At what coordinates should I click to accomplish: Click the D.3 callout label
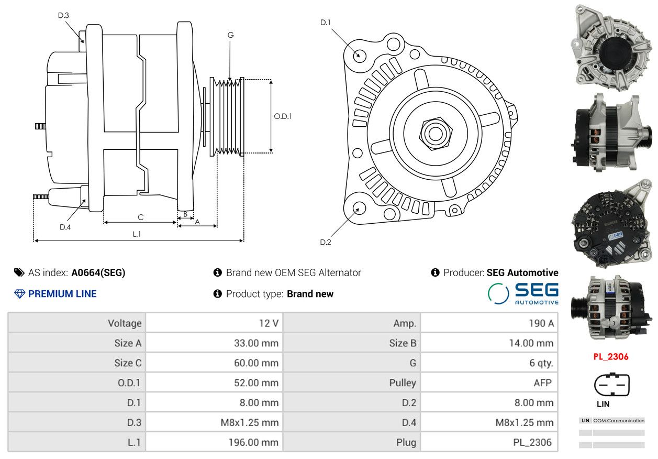click(63, 15)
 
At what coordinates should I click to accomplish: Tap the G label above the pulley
click(231, 35)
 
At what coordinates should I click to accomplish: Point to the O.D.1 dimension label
click(283, 116)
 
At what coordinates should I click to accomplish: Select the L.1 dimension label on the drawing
click(137, 234)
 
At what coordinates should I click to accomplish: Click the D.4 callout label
click(65, 227)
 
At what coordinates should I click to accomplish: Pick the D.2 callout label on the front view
click(326, 242)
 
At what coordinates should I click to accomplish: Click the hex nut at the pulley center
click(436, 134)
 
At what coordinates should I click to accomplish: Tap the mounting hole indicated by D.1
click(359, 56)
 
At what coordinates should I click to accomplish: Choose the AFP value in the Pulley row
click(542, 382)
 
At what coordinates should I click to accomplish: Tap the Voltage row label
click(125, 323)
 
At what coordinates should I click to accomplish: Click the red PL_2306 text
click(611, 357)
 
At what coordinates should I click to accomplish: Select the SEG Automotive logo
click(523, 293)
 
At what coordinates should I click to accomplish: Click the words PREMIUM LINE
click(62, 294)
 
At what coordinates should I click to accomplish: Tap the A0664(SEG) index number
click(98, 272)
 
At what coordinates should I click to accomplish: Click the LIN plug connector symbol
click(612, 385)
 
